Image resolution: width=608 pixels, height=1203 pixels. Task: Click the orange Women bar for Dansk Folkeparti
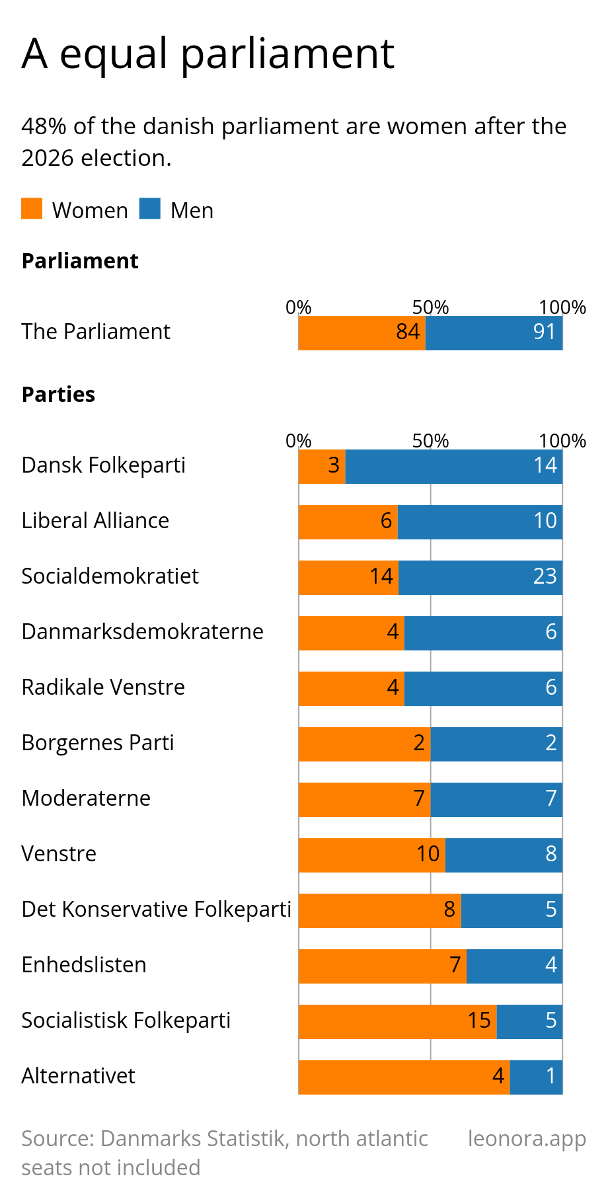322,466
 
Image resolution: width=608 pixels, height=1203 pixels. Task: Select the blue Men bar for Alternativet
537,1077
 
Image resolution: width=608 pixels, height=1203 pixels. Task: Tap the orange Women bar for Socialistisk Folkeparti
398,1021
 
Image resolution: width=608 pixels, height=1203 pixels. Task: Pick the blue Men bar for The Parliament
494,332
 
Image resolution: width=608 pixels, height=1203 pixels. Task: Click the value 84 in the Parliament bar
408,332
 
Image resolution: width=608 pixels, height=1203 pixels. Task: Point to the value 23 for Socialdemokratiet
545,576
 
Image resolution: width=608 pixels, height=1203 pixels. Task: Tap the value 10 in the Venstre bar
428,854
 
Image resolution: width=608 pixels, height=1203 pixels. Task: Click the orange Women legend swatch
32,209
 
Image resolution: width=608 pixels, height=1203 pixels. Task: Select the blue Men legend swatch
150,209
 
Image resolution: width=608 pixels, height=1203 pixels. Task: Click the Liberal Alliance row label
95,521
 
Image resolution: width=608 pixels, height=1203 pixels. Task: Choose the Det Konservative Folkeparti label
157,910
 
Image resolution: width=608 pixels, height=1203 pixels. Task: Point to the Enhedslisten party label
84,965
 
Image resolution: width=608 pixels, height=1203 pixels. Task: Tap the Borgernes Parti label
98,743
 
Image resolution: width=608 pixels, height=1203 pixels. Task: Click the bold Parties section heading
59,395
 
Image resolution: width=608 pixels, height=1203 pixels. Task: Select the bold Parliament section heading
80,261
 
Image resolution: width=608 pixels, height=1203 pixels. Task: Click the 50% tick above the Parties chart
431,441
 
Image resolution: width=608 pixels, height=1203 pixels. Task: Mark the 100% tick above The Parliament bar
562,307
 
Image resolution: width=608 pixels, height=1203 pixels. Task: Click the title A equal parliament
208,54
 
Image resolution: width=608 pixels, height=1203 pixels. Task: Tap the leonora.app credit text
527,1139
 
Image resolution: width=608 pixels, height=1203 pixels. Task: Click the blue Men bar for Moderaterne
497,799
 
